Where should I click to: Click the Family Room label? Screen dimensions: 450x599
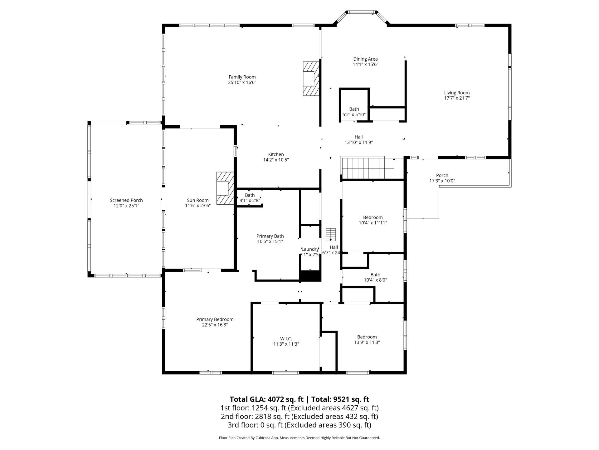(242, 77)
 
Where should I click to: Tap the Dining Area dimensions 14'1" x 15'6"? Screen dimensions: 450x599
(365, 64)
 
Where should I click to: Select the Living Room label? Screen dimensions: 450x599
(457, 92)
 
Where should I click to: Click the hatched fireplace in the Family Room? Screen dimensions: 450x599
(311, 78)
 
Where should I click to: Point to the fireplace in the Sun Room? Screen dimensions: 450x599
(225, 188)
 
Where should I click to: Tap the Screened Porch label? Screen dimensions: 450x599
(126, 200)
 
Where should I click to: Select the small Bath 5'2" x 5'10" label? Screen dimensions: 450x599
(354, 109)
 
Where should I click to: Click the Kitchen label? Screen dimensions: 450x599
(276, 154)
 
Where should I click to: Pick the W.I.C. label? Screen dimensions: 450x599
(286, 339)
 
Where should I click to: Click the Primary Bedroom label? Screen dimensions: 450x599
(215, 319)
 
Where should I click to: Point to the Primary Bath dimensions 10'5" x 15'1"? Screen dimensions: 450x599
(270, 242)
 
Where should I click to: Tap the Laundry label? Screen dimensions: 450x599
(310, 249)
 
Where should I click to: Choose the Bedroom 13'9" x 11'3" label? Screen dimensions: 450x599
(367, 337)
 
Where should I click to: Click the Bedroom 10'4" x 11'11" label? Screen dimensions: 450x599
(373, 217)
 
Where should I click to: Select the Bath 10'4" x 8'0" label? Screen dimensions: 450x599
(375, 275)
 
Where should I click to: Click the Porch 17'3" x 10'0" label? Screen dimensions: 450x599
(442, 175)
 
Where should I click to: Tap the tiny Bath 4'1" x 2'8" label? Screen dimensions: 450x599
(250, 195)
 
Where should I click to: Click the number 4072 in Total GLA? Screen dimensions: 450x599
(276, 399)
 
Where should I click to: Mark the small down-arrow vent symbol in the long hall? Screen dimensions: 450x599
(330, 235)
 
